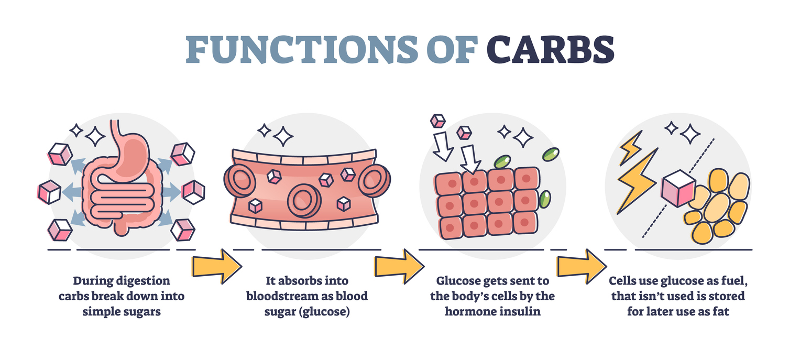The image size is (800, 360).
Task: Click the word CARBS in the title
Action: [x=550, y=50]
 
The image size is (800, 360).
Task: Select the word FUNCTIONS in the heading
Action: [x=302, y=50]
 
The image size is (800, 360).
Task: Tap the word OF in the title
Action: [x=453, y=50]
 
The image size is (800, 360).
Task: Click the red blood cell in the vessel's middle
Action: [x=304, y=201]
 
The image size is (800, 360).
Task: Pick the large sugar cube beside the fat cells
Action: [x=678, y=188]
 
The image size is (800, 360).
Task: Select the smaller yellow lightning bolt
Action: [x=631, y=148]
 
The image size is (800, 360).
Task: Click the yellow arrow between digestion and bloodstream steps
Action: [x=217, y=266]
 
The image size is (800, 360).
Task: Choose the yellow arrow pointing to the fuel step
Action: [x=582, y=266]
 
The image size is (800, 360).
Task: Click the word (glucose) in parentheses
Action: [x=325, y=312]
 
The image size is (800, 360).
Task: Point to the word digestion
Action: [x=146, y=281]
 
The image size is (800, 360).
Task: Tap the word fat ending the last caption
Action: [x=721, y=311]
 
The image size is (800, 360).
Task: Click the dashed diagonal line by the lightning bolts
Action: [x=678, y=188]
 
